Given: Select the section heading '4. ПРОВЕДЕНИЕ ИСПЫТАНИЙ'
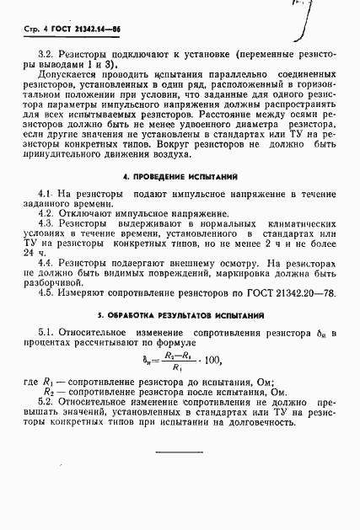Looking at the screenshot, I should (180, 177).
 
